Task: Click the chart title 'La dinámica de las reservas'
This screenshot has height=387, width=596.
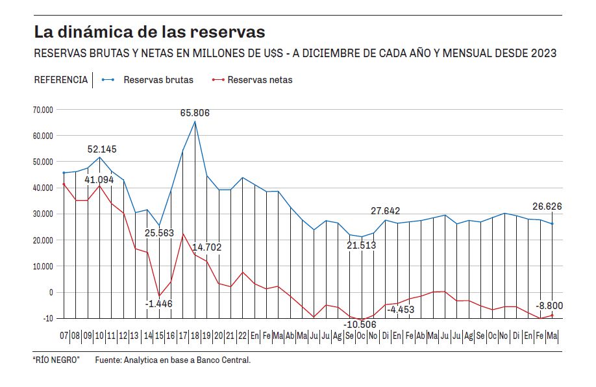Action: [149, 31]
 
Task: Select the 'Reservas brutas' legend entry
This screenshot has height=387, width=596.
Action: [158, 80]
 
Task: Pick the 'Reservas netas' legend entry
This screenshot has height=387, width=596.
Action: [260, 80]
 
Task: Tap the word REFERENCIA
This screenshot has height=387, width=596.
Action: [60, 80]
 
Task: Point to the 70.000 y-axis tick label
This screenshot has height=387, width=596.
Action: [42, 110]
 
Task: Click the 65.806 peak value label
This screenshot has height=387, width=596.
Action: [195, 114]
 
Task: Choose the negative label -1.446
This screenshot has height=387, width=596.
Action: [159, 303]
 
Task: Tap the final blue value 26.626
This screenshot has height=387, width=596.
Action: [547, 207]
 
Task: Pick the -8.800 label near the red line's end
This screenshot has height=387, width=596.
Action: [549, 305]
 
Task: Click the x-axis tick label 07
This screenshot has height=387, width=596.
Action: [64, 336]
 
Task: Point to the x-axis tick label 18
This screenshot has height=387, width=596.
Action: [194, 336]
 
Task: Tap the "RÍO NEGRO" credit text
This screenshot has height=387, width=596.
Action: [56, 360]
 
